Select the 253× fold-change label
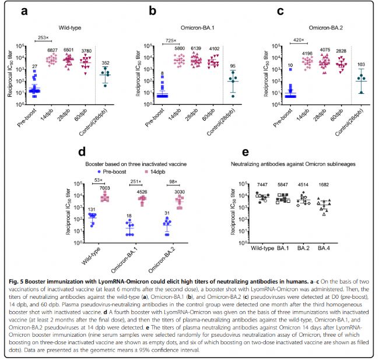click(x=43, y=37)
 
